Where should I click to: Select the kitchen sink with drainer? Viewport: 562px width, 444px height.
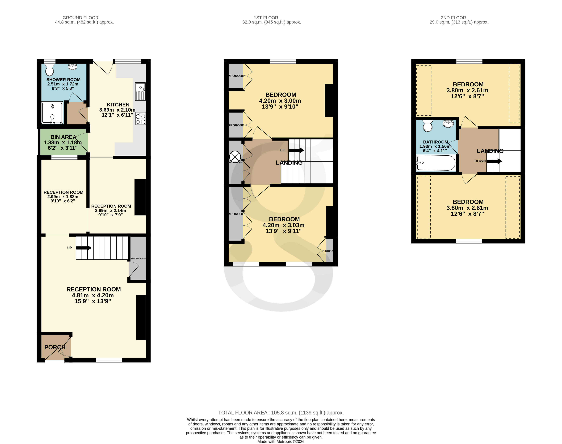click(140, 92)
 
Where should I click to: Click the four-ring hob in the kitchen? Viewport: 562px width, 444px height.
click(141, 119)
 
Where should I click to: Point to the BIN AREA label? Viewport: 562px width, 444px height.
click(63, 137)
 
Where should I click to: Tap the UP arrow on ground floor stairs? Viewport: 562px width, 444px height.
click(84, 248)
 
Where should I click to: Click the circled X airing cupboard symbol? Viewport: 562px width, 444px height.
click(235, 157)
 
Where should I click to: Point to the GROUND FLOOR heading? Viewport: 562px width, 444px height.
click(80, 18)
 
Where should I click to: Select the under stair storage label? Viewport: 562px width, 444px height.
click(138, 258)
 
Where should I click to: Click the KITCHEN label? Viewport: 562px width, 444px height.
click(118, 105)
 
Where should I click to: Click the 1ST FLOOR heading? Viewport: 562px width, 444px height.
click(266, 18)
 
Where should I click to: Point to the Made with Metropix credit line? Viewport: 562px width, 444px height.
click(281, 441)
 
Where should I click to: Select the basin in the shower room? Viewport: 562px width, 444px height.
click(73, 67)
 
